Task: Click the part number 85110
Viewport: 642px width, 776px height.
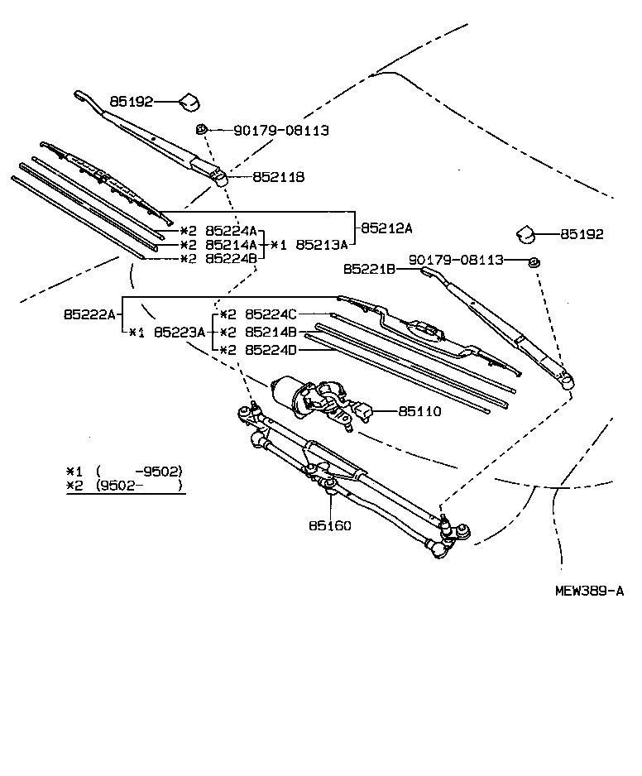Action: tap(419, 411)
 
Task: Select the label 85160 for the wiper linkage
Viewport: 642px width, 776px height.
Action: tap(330, 525)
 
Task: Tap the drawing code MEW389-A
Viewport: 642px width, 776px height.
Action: tap(588, 591)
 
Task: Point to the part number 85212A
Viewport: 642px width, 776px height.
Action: tap(386, 227)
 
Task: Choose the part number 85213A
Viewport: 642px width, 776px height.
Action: tap(322, 245)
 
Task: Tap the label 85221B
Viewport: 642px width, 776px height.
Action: tap(370, 269)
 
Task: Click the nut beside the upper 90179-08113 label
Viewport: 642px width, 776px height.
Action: tap(201, 130)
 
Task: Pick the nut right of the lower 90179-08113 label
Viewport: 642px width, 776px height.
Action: tap(534, 263)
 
